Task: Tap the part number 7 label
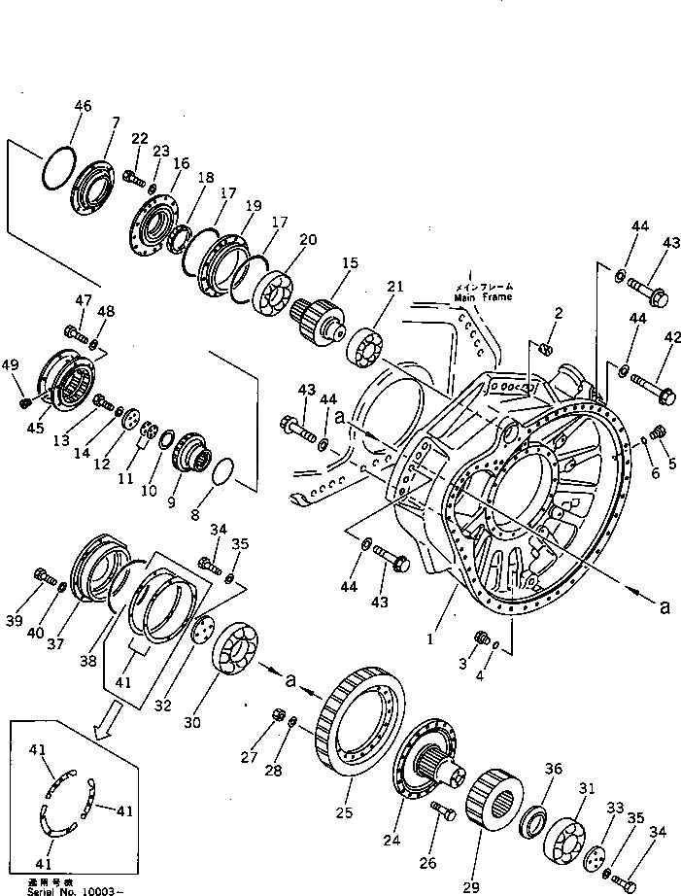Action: pyautogui.click(x=115, y=122)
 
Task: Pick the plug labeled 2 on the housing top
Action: pyautogui.click(x=546, y=347)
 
